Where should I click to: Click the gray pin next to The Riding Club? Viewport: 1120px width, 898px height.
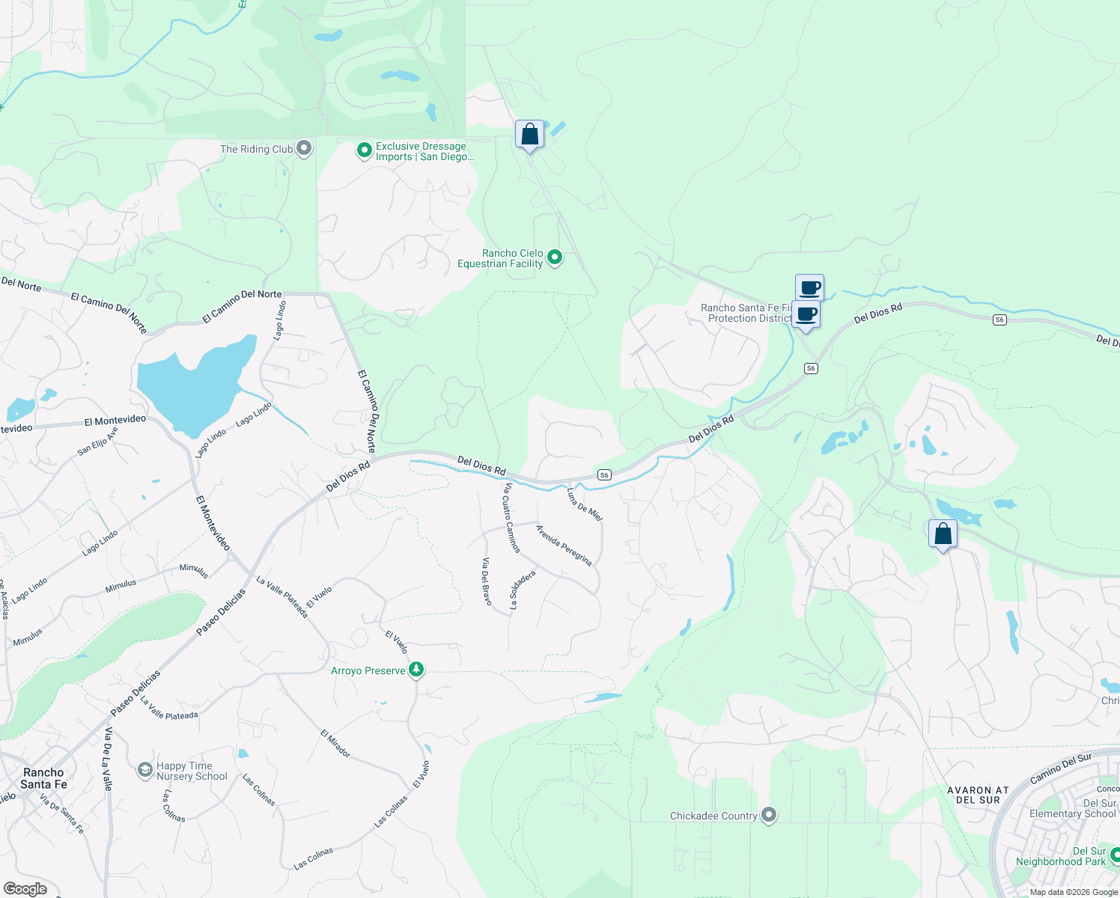coord(304,148)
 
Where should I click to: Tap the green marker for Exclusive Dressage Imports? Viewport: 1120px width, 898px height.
coord(364,151)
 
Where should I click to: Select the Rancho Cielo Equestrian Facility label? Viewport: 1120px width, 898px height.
coord(500,259)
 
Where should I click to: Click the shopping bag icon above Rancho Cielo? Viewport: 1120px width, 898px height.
coord(529,135)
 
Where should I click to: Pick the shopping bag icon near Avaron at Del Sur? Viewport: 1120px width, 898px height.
coord(943,534)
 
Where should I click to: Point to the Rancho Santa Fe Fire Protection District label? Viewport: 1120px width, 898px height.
coord(746,313)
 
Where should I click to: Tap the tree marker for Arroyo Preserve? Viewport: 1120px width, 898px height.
coord(416,670)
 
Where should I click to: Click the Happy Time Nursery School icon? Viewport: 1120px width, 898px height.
coord(145,770)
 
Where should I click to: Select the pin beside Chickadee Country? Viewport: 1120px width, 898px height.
coord(769,815)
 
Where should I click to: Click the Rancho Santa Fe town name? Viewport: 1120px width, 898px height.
coord(43,778)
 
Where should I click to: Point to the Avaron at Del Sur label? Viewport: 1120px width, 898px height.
coord(978,795)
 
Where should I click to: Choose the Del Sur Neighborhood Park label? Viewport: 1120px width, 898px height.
coord(1060,856)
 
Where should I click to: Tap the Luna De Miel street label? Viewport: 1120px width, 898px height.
coord(585,504)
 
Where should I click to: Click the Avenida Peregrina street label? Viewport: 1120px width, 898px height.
coord(564,545)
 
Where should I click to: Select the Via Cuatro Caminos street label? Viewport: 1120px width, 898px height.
coord(511,518)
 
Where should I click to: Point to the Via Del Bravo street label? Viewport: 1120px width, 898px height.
coord(487,582)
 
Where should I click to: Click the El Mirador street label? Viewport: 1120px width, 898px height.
coord(335,743)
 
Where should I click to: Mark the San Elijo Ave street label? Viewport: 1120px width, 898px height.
coord(98,442)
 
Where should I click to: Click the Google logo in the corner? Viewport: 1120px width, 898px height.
coord(25,889)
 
